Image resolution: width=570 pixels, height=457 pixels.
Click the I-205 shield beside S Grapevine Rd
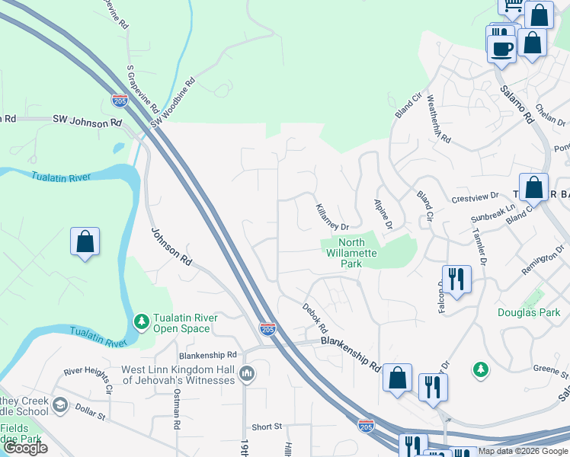[120, 100]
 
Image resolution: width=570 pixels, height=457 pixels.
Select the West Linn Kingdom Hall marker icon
[247, 373]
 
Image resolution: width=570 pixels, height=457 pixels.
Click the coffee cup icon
[501, 49]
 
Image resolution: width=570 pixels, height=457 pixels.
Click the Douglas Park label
[529, 312]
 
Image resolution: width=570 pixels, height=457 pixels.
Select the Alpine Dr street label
[383, 215]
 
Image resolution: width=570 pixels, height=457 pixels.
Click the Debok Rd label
[315, 318]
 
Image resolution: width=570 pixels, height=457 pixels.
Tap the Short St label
[267, 427]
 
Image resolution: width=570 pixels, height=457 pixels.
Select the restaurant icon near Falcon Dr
[456, 278]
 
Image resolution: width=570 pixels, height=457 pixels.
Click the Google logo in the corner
[25, 448]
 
